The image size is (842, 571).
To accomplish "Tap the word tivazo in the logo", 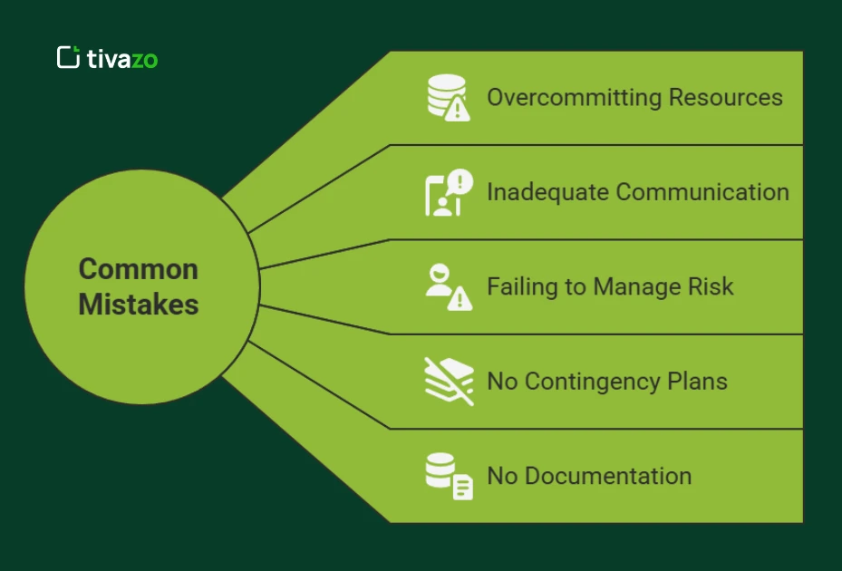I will [x=122, y=59].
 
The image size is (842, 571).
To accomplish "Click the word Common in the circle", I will [x=138, y=269].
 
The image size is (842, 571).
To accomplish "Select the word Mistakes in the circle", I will [x=138, y=305].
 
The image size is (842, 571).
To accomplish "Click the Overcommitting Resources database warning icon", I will [x=449, y=98].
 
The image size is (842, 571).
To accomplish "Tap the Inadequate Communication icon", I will [x=449, y=192].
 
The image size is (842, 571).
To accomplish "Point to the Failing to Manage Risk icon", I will [x=449, y=286].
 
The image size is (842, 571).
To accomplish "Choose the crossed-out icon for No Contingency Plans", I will [x=449, y=381].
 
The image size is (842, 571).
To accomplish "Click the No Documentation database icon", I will [x=449, y=476].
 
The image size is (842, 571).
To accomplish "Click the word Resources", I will [x=726, y=98].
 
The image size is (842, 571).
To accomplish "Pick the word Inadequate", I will [x=547, y=192].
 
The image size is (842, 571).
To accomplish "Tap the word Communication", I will [x=702, y=192].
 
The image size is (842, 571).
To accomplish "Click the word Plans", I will [x=699, y=382].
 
